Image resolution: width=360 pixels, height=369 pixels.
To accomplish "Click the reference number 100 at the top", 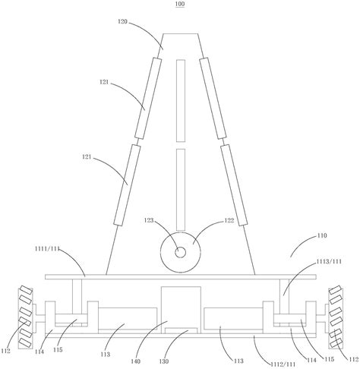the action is pyautogui.click(x=180, y=4).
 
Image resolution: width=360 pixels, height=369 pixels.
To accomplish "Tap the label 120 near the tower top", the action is pyautogui.click(x=122, y=21).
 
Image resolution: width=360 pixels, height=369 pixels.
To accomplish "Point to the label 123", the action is pyautogui.click(x=149, y=220).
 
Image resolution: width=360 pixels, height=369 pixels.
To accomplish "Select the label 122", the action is pyautogui.click(x=229, y=220).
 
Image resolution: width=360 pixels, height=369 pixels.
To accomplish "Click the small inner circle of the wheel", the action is pyautogui.click(x=180, y=252).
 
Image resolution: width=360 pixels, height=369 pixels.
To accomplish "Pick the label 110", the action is pyautogui.click(x=322, y=235).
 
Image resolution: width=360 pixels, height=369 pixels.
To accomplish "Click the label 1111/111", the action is pyautogui.click(x=47, y=248).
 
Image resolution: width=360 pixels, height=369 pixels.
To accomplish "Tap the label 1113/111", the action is pyautogui.click(x=329, y=261).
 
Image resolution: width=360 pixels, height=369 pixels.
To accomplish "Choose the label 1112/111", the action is pyautogui.click(x=283, y=364).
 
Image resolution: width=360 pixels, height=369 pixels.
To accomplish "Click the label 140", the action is pyautogui.click(x=135, y=361).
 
